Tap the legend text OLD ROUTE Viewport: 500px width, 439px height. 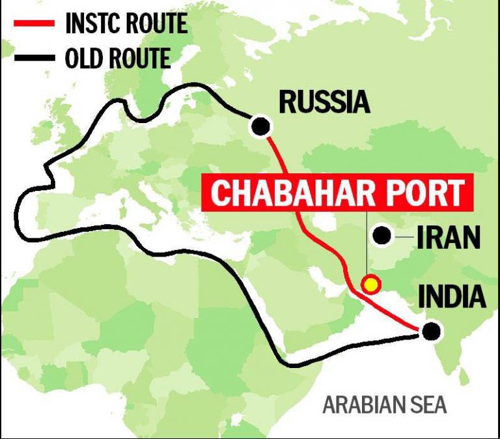(117, 58)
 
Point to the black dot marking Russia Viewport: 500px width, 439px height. (261, 126)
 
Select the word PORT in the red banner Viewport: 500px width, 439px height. (426, 193)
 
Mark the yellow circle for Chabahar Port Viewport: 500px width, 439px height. (371, 284)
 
